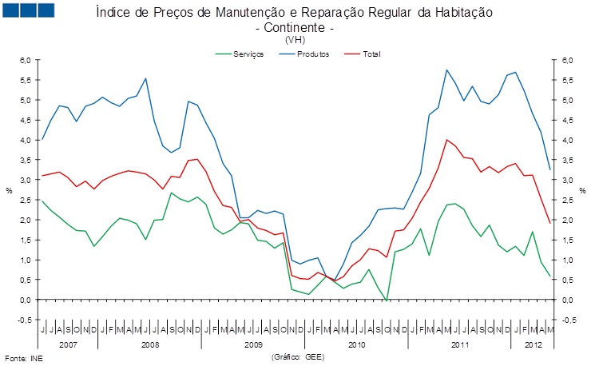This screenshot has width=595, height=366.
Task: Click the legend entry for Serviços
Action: pos(248,54)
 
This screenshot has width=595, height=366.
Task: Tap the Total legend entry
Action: pos(371,54)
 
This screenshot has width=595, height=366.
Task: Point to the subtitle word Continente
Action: pos(293,28)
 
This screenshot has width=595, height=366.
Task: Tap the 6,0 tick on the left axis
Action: pos(25,60)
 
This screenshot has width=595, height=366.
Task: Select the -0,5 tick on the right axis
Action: pos(568,320)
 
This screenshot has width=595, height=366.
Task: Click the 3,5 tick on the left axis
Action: pos(25,160)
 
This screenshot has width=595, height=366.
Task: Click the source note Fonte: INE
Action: pos(23,357)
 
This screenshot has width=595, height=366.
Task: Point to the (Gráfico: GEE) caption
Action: pos(294,357)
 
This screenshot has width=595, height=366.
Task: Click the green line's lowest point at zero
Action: pos(387,300)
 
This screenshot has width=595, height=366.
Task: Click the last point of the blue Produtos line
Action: pos(549,169)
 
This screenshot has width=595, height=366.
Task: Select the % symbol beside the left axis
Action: pos(10,190)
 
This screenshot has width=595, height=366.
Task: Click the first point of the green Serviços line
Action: pos(42,201)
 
